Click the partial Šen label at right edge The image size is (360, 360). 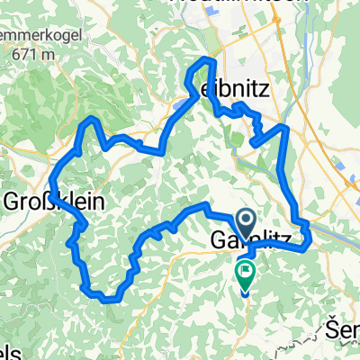[x=346, y=325]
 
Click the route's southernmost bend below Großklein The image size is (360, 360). [x=106, y=297]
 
